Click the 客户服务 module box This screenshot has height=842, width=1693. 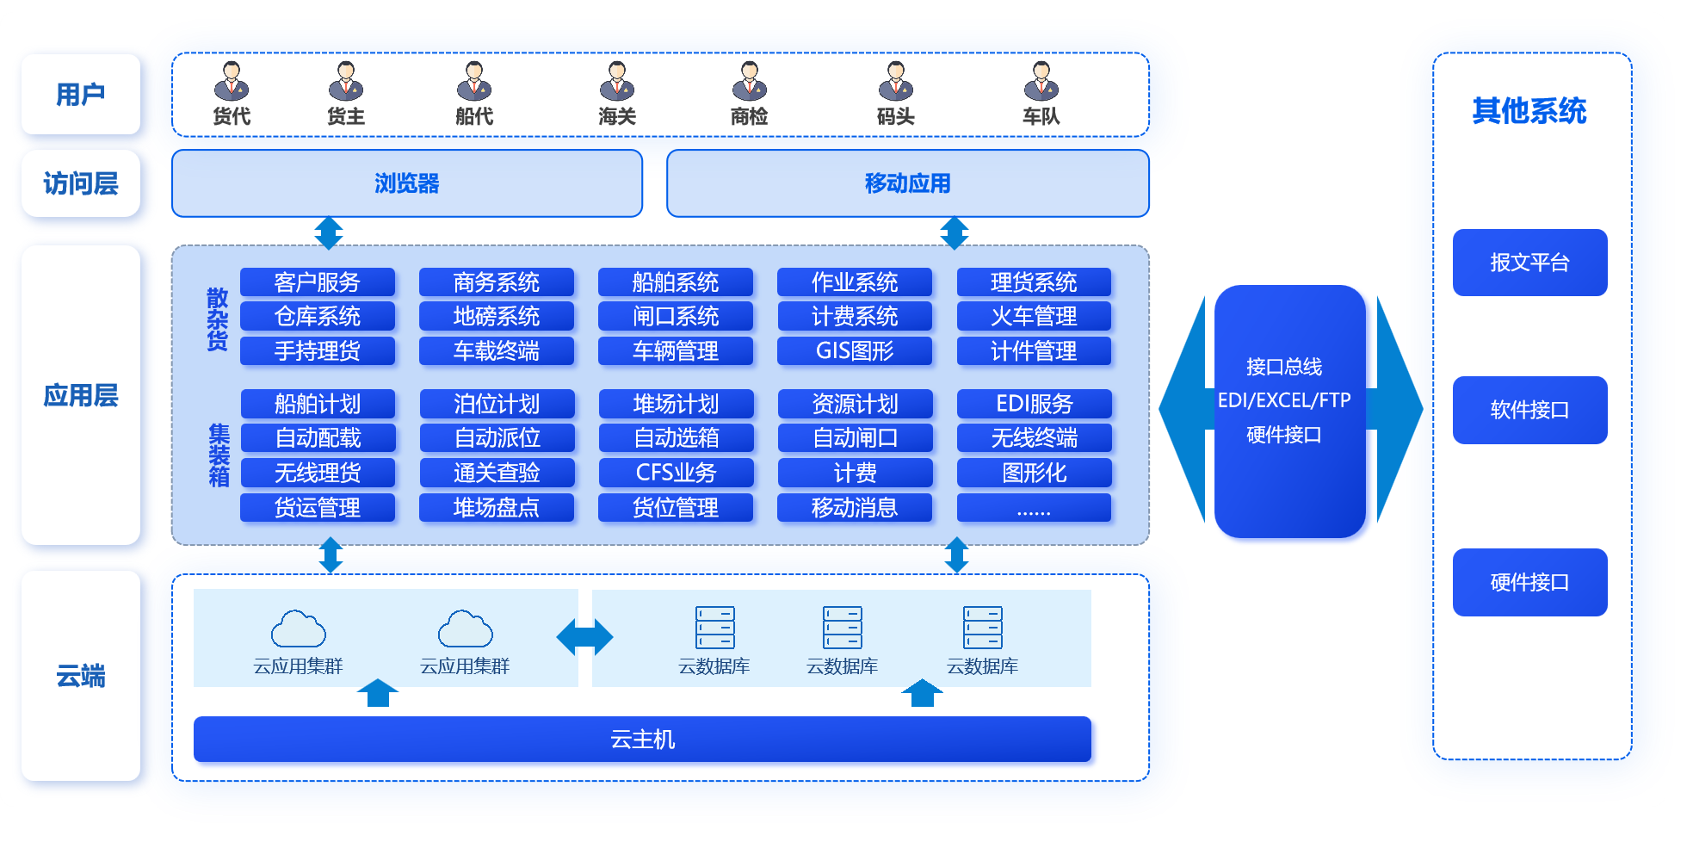[x=317, y=282]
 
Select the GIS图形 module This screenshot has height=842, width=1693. [x=854, y=351]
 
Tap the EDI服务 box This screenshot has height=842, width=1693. [x=1034, y=404]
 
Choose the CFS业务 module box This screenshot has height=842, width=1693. [x=676, y=473]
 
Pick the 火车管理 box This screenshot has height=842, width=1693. [x=1034, y=317]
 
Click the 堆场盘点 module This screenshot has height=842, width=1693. [x=496, y=508]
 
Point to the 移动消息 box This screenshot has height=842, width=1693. [x=854, y=508]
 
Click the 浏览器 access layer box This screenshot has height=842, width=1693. [x=406, y=183]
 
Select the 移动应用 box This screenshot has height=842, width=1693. [x=907, y=183]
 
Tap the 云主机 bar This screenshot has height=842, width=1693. [x=642, y=740]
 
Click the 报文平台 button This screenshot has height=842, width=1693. [x=1529, y=263]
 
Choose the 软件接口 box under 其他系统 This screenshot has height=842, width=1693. [x=1529, y=410]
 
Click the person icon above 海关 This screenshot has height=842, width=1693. [x=617, y=81]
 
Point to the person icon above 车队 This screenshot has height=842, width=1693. [x=1041, y=81]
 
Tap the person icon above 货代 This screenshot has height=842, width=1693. [x=232, y=81]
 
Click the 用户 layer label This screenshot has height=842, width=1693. [x=81, y=94]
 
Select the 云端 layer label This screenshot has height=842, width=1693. [x=81, y=676]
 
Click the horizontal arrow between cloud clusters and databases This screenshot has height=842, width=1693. [x=584, y=637]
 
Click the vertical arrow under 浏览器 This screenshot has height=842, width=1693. [x=329, y=232]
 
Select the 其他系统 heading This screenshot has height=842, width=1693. [x=1529, y=111]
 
